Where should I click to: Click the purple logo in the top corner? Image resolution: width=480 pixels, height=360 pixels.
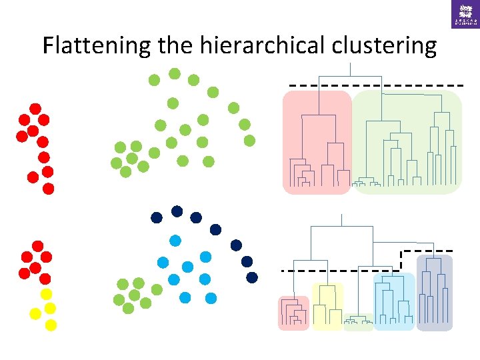click(465, 13)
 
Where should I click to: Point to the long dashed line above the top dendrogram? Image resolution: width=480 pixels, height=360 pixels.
click(376, 86)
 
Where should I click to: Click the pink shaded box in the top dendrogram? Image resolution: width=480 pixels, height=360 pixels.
click(317, 143)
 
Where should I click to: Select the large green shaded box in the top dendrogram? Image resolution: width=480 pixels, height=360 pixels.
click(407, 143)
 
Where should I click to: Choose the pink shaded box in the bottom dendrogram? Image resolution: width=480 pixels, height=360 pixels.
click(293, 313)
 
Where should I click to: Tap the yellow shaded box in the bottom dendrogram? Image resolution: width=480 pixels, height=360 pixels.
click(327, 306)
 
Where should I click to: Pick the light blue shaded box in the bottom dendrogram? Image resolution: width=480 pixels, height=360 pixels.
click(394, 301)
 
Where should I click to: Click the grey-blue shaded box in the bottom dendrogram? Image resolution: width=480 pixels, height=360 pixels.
click(434, 293)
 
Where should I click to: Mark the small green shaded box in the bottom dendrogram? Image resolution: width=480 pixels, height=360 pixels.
click(359, 322)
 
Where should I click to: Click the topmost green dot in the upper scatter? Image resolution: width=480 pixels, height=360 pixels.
click(174, 73)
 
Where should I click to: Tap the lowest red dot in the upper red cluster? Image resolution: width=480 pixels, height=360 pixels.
click(48, 188)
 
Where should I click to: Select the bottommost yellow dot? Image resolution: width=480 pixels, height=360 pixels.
click(51, 325)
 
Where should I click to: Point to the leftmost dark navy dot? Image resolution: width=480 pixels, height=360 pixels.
click(157, 217)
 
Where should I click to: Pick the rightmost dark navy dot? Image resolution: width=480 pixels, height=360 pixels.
click(252, 276)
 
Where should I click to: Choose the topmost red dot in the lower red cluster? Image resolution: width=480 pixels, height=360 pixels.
click(38, 246)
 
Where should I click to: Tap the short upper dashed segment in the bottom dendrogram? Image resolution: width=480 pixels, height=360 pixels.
click(427, 251)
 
